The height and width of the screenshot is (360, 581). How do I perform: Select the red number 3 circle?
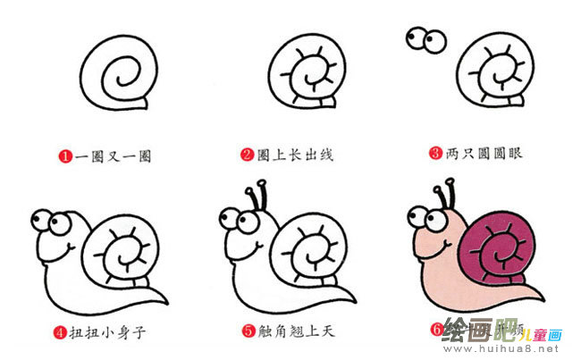[436, 153]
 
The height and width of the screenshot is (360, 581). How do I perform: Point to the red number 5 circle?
[249, 332]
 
